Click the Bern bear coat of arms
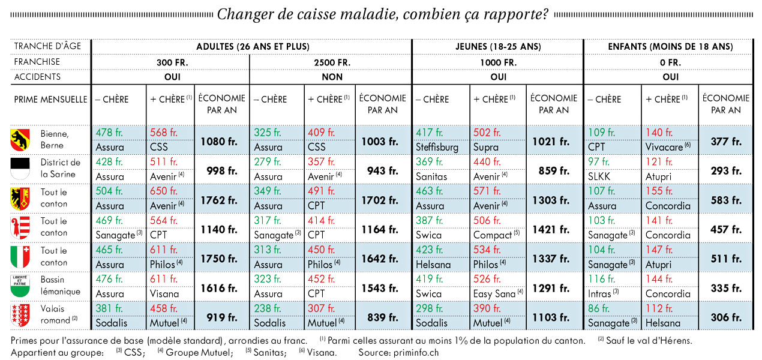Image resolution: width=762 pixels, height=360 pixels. tap(20, 140)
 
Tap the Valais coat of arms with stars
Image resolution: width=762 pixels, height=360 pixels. tap(20, 316)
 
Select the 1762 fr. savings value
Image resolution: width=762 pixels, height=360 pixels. tap(219, 200)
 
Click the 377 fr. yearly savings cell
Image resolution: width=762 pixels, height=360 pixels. tap(726, 142)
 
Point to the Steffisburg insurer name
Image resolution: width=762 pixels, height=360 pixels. tap(437, 148)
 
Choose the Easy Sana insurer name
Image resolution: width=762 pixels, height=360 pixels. tap(494, 293)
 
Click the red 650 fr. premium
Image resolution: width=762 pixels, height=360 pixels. tap(164, 191)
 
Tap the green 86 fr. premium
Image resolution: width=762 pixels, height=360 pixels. tap(601, 308)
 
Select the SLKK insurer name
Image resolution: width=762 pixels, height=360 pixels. tap(599, 176)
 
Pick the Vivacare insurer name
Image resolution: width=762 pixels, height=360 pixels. tap(664, 148)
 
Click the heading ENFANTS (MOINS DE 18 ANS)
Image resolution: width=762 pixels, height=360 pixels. tap(670, 47)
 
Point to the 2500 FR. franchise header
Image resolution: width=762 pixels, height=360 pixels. tap(332, 62)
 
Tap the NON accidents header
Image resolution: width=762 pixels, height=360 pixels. tap(332, 77)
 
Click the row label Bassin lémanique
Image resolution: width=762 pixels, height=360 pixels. tap(60, 286)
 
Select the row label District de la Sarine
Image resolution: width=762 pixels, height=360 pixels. tap(60, 168)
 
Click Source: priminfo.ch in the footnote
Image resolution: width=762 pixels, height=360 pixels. tap(398, 353)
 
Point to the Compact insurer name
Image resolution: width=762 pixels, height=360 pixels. tap(493, 235)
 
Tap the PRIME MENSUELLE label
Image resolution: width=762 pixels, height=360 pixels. tap(50, 100)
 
